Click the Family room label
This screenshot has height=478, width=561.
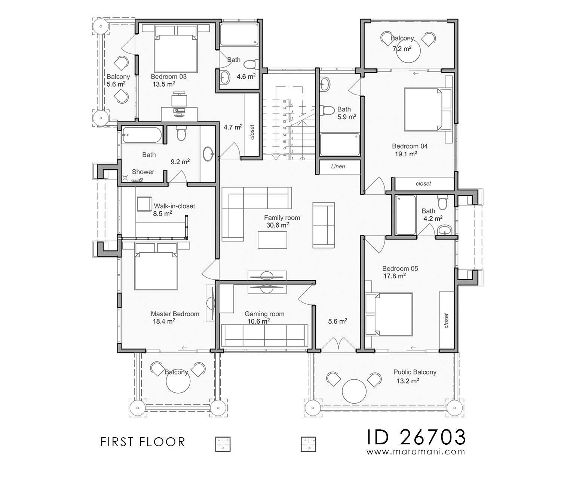click(x=282, y=218)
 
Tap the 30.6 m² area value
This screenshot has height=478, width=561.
click(x=277, y=225)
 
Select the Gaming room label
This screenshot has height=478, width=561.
click(x=264, y=314)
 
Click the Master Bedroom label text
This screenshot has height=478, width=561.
click(x=175, y=314)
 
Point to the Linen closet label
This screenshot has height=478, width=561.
click(x=338, y=166)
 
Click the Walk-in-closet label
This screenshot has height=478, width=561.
click(x=174, y=206)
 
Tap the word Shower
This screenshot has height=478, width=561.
click(x=143, y=172)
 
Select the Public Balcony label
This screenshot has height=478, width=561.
click(x=414, y=372)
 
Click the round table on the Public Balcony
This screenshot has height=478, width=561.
click(x=354, y=391)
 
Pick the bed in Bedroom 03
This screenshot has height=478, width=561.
click(x=175, y=52)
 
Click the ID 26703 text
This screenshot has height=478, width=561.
click(x=416, y=436)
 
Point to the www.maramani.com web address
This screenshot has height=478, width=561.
click(x=416, y=451)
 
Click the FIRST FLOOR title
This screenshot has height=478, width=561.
click(x=143, y=442)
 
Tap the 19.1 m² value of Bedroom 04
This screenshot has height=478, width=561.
click(x=405, y=154)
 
